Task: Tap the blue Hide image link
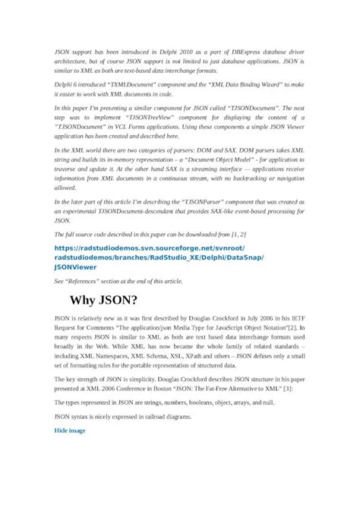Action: (70, 431)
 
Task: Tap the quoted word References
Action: (85, 281)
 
